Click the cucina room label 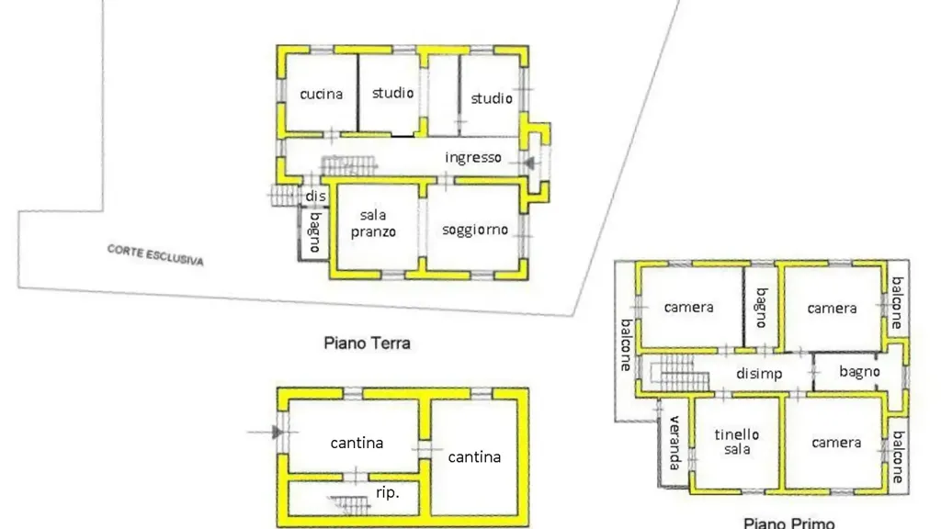coord(321,95)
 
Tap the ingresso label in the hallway coord(473,158)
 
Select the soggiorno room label coord(475,230)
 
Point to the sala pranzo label coord(373,223)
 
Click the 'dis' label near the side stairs coord(316,197)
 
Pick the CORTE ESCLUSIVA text coord(155,255)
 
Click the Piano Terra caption coord(368,343)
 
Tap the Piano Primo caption coord(788,523)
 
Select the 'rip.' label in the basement coord(387,493)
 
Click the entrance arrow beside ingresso coord(528,163)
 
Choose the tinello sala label coord(737,442)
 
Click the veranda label coord(675,443)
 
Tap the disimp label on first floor coord(759,374)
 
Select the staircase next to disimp coord(680,373)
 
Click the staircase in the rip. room coord(350,505)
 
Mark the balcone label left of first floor coord(626,345)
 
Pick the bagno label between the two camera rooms coord(762,308)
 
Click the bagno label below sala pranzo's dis coord(315,231)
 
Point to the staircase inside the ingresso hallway coord(348,165)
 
